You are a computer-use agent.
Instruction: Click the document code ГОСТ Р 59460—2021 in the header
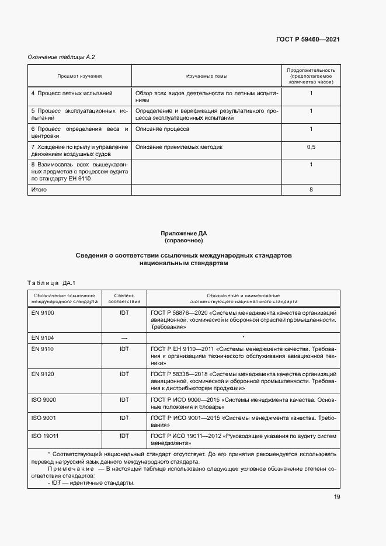click(307, 39)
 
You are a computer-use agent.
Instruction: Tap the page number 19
click(337, 497)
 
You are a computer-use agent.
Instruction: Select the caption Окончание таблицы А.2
click(61, 57)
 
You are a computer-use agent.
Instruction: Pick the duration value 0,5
click(311, 147)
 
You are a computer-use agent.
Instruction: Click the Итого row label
click(39, 190)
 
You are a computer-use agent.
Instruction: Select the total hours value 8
click(311, 190)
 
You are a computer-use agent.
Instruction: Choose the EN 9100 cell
click(42, 312)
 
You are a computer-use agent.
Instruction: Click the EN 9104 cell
click(42, 338)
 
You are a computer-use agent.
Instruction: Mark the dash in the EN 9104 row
click(124, 338)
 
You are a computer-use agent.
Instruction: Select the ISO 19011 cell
click(44, 436)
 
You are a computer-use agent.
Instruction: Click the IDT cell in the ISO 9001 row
click(124, 418)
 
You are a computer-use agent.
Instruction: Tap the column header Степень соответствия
click(124, 298)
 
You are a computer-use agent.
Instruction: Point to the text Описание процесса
click(162, 128)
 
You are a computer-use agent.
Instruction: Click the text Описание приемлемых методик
click(179, 147)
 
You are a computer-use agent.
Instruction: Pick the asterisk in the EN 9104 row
click(242, 338)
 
